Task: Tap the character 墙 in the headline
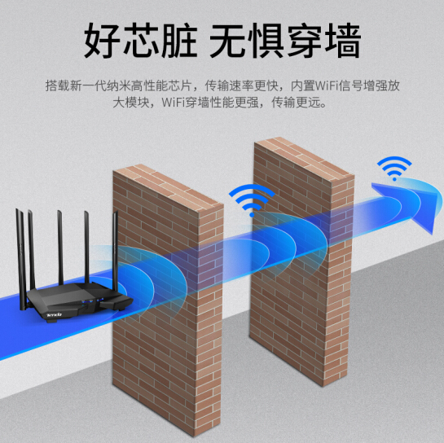343,41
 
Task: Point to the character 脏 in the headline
180,41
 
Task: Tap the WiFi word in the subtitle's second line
174,102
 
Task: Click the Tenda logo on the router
54,314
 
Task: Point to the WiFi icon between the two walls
252,200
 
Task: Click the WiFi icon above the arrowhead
394,168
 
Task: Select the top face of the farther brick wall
305,159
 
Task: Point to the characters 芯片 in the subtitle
179,86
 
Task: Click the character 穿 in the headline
306,41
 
